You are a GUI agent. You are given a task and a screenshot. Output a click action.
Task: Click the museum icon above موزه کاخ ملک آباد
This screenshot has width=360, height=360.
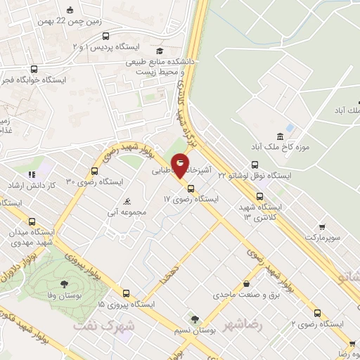[281, 136]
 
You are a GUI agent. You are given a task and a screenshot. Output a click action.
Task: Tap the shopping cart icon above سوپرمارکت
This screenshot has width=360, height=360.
[323, 227]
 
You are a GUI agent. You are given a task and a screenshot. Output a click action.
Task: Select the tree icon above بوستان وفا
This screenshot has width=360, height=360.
[64, 285]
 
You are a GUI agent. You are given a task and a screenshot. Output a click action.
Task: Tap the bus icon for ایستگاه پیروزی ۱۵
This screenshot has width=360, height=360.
[126, 294]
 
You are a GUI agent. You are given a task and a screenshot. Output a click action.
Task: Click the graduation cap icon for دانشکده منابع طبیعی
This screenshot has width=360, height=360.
[160, 51]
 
